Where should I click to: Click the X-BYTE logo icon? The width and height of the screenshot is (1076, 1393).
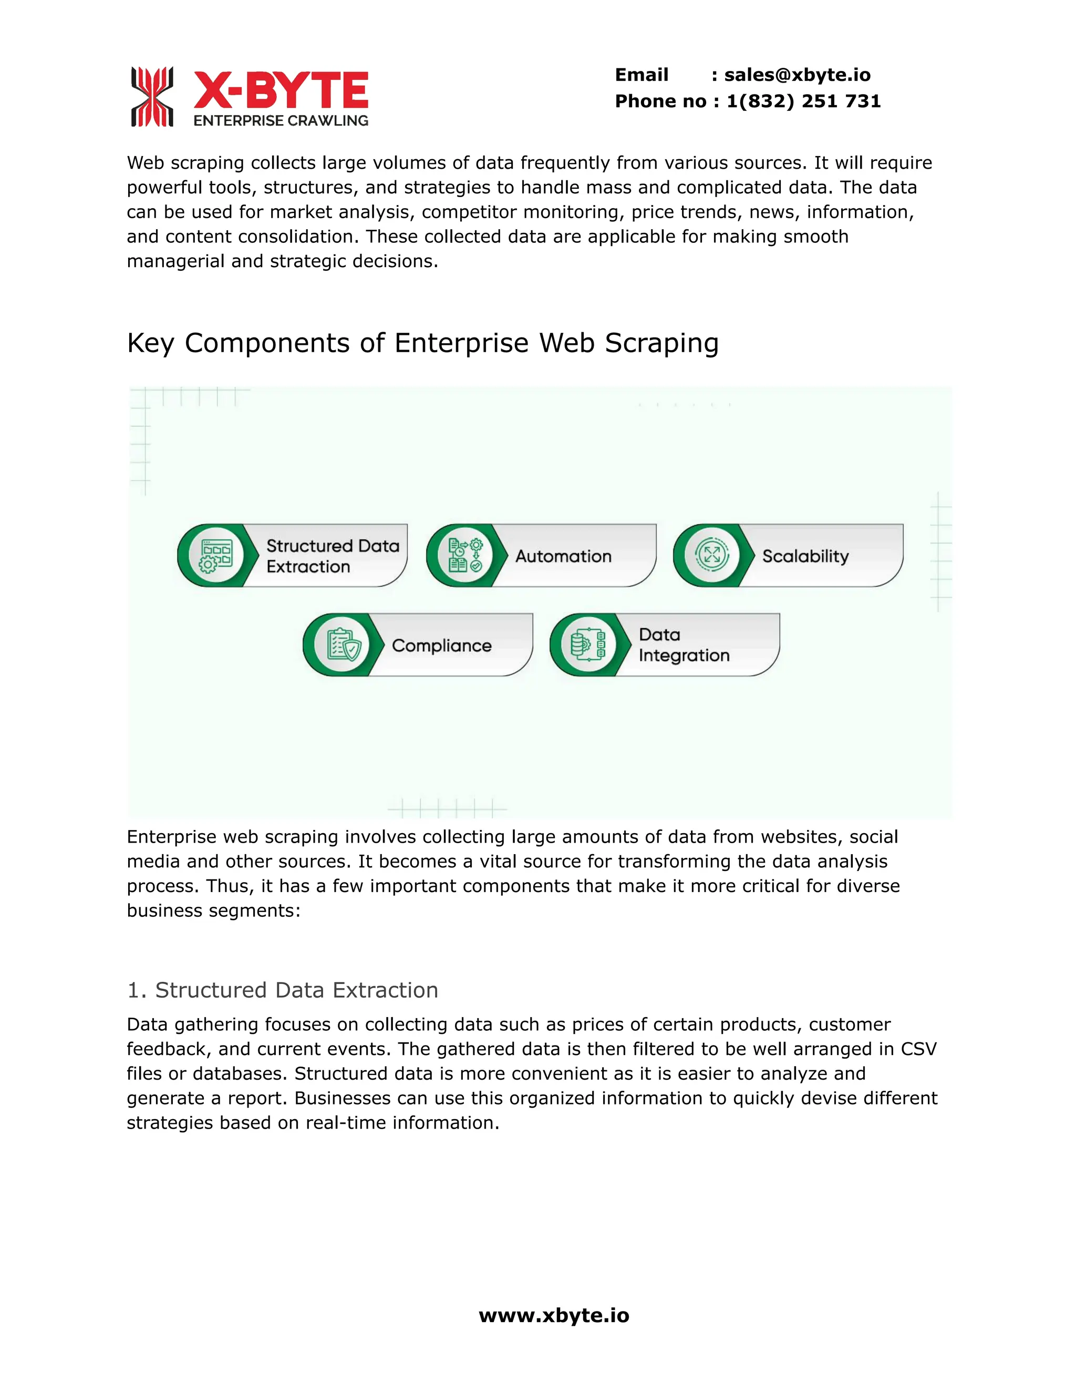tap(152, 97)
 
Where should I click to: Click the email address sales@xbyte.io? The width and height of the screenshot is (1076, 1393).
tap(797, 75)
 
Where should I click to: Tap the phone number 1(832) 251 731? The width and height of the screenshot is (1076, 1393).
tap(803, 101)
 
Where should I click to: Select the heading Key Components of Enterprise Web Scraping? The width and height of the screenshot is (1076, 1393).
tap(422, 343)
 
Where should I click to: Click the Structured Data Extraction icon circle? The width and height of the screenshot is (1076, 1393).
tap(216, 556)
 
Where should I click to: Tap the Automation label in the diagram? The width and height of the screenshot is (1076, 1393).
tap(563, 556)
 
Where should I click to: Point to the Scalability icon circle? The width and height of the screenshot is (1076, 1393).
tap(711, 555)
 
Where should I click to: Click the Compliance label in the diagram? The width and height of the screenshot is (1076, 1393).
tap(442, 646)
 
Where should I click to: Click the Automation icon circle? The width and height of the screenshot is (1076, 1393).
tap(464, 556)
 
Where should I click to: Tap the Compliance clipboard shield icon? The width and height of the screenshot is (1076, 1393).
tap(343, 645)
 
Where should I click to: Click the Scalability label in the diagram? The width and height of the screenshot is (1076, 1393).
tap(805, 556)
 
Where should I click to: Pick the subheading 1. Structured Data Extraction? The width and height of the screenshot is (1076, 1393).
tap(282, 990)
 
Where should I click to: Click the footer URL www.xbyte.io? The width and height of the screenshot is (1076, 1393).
tap(553, 1315)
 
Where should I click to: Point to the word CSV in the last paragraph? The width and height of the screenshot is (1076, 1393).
tap(918, 1049)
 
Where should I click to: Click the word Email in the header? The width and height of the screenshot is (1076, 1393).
tap(642, 75)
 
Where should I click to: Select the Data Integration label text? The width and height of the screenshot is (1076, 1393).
tap(684, 645)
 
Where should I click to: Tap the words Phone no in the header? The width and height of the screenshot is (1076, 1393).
tap(660, 101)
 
